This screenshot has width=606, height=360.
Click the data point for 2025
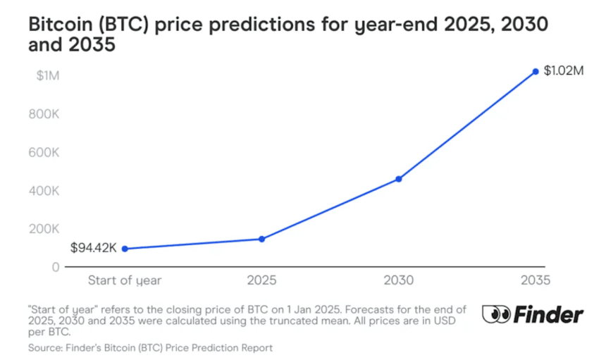[261, 239]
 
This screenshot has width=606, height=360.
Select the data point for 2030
[399, 179]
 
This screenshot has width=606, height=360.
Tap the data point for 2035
[536, 71]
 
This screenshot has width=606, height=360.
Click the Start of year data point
[125, 249]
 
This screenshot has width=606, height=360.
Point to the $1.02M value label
[564, 72]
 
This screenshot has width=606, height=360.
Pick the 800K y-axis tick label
[44, 114]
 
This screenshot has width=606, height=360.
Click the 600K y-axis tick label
[44, 152]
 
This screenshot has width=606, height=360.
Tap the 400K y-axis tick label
[44, 190]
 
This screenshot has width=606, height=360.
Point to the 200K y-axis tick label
[44, 228]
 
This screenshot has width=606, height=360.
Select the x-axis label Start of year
[125, 280]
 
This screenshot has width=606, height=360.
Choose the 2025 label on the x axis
[261, 280]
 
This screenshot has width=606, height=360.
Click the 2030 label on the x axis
[399, 280]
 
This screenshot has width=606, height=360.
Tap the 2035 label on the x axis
[536, 280]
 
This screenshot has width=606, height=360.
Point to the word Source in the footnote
[46, 348]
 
